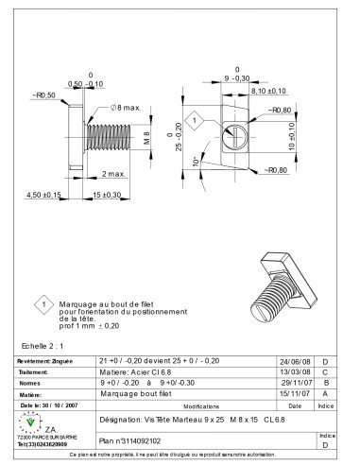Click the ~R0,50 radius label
click(44, 95)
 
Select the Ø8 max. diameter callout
click(122, 109)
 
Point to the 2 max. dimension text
click(113, 175)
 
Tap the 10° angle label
click(195, 164)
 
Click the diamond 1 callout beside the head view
click(193, 120)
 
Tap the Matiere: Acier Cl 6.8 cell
click(133, 372)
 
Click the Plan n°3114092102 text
click(130, 440)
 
